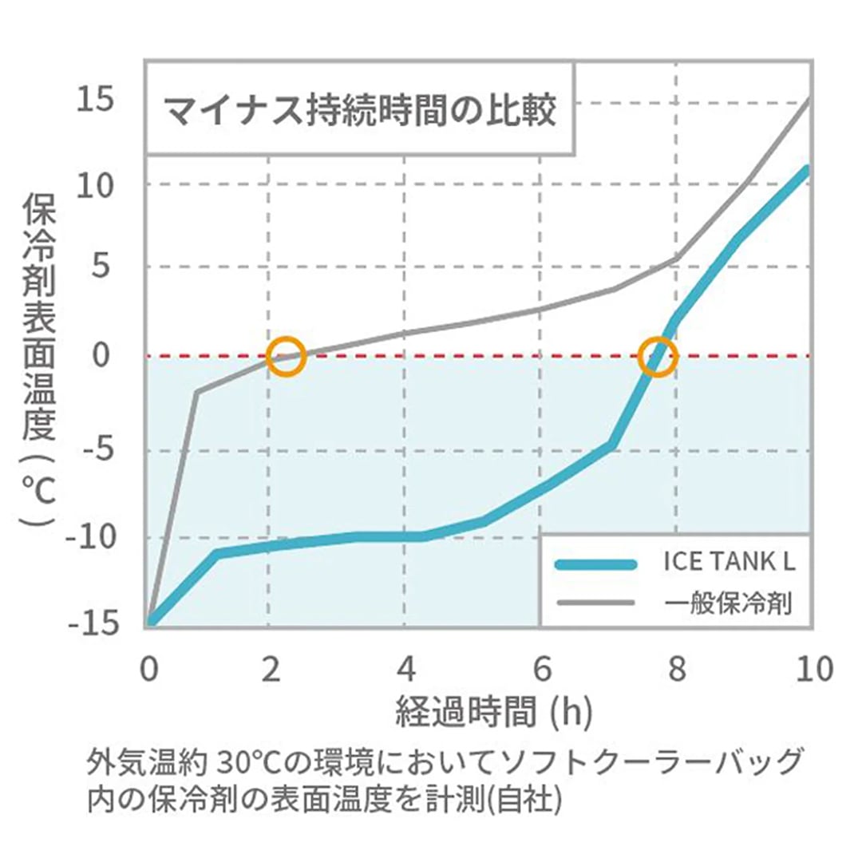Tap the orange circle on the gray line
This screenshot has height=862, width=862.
[287, 355]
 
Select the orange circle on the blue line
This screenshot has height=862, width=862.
[658, 356]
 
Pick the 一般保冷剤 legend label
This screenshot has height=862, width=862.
[729, 603]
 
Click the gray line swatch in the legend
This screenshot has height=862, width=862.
[595, 603]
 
